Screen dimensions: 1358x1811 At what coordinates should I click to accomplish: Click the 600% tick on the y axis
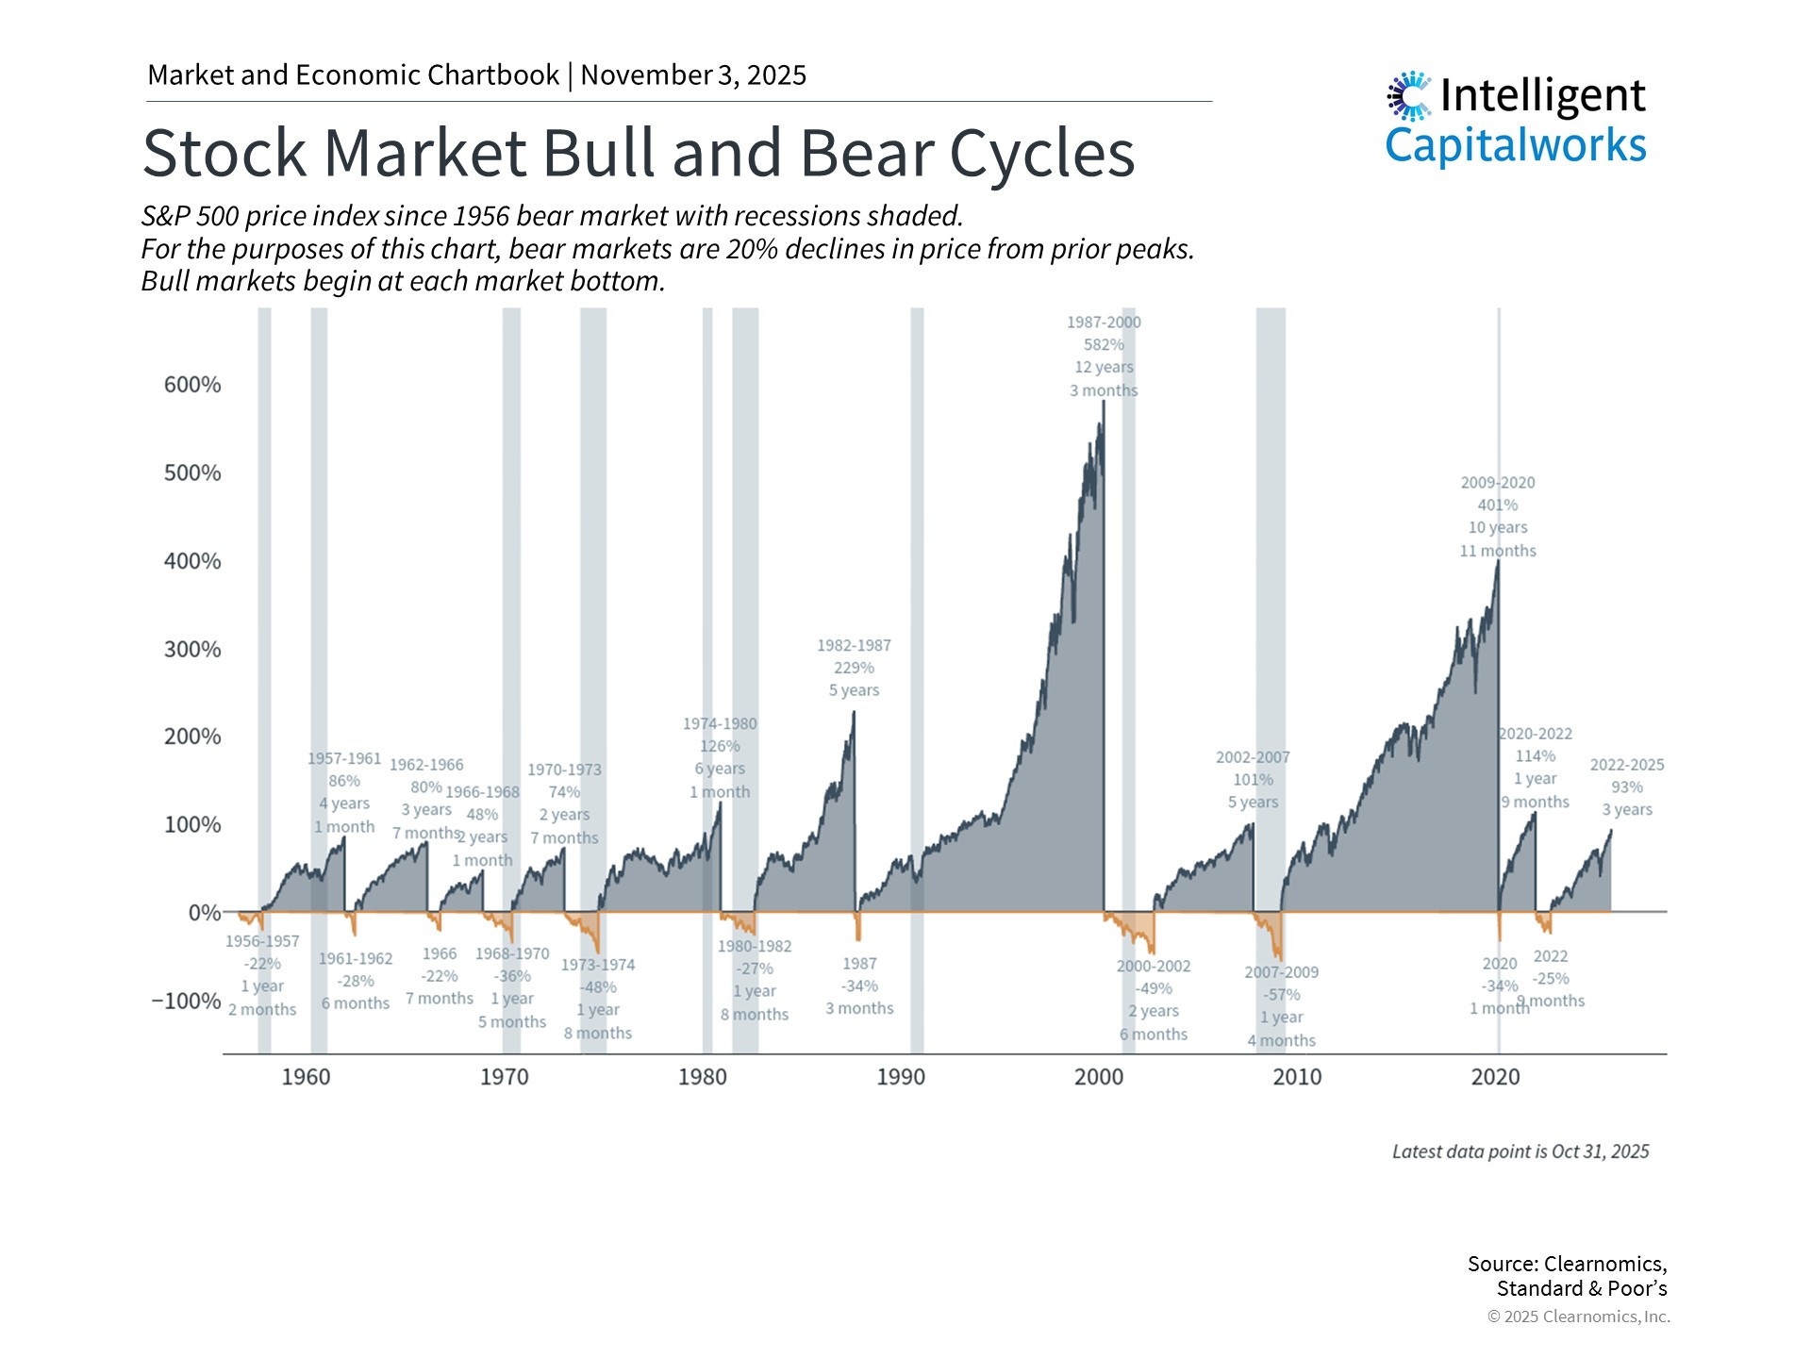[x=192, y=385]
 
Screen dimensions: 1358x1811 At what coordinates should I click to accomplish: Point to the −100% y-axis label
[x=187, y=1001]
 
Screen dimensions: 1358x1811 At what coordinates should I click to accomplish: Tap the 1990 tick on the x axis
[x=901, y=1077]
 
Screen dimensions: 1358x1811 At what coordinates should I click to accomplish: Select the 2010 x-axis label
[x=1297, y=1077]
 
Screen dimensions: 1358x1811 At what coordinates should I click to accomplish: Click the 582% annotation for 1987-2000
[x=1104, y=345]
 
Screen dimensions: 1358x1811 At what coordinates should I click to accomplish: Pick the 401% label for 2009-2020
[x=1498, y=505]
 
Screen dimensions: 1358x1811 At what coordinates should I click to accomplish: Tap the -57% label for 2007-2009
[x=1281, y=995]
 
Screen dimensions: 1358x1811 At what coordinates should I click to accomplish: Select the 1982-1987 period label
[x=854, y=646]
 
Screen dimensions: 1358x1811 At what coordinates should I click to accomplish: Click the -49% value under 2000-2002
[x=1154, y=988]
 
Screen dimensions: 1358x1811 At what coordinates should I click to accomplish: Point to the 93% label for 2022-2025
[x=1627, y=787]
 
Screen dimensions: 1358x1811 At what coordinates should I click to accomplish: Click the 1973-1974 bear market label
[x=598, y=965]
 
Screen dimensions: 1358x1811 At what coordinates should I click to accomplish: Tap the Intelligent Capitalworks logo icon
[x=1409, y=96]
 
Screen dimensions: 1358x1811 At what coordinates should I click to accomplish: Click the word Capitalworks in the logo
[x=1516, y=146]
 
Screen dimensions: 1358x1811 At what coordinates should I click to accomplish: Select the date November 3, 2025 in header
[x=693, y=75]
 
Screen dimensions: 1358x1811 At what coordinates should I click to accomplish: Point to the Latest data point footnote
[x=1520, y=1151]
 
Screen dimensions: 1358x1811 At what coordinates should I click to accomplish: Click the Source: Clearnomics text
[x=1567, y=1264]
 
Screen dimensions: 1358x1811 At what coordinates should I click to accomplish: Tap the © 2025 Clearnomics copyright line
[x=1578, y=1317]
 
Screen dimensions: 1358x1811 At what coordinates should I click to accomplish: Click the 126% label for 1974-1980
[x=720, y=747]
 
